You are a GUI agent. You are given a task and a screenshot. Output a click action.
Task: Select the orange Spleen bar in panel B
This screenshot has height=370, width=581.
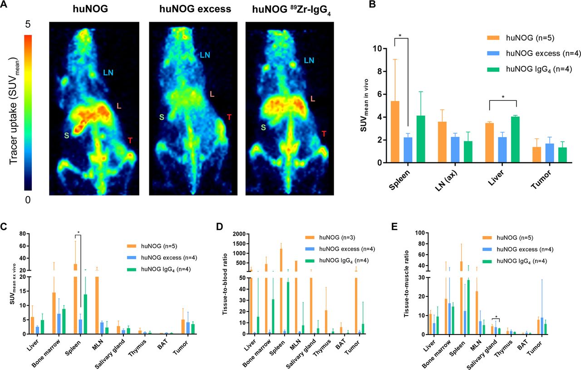[x=395, y=132]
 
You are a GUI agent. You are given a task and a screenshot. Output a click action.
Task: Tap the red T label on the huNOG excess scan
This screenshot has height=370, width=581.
[x=229, y=118]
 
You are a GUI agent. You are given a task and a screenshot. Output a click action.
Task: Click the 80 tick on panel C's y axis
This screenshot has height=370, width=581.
[x=20, y=234]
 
